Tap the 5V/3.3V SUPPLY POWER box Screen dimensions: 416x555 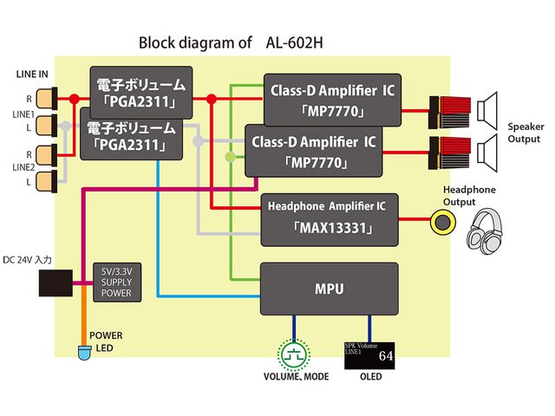coord(114,283)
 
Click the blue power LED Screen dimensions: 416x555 coord(85,352)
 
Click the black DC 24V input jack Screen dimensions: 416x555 coord(56,283)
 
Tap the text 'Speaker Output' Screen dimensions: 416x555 coord(526,133)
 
